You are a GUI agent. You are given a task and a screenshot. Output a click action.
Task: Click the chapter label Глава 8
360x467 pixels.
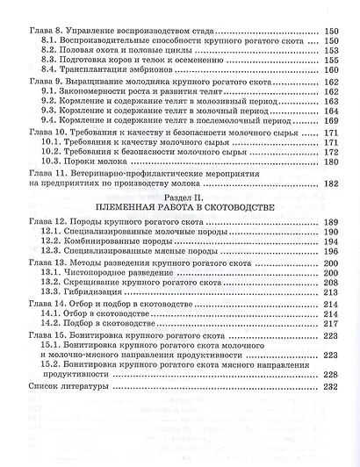coord(44,28)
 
